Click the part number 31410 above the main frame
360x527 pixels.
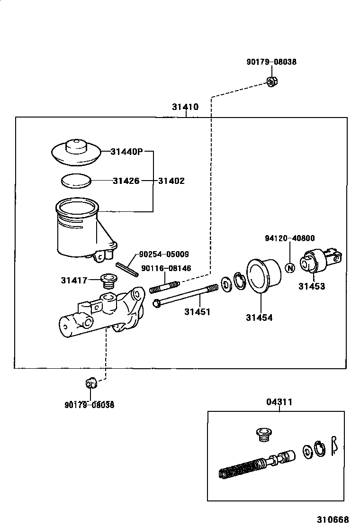click(185, 107)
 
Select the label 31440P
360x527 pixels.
click(126, 152)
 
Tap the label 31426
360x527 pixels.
click(126, 181)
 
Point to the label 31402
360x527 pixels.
click(171, 181)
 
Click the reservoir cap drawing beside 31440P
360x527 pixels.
click(76, 152)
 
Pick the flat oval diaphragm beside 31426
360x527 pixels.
click(76, 181)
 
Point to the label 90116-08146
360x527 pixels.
click(166, 268)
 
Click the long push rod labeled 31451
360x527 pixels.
click(185, 296)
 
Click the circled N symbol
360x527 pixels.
click(290, 268)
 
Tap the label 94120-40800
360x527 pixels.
click(289, 238)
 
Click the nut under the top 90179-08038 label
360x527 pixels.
click(272, 81)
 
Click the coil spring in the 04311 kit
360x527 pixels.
click(242, 468)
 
